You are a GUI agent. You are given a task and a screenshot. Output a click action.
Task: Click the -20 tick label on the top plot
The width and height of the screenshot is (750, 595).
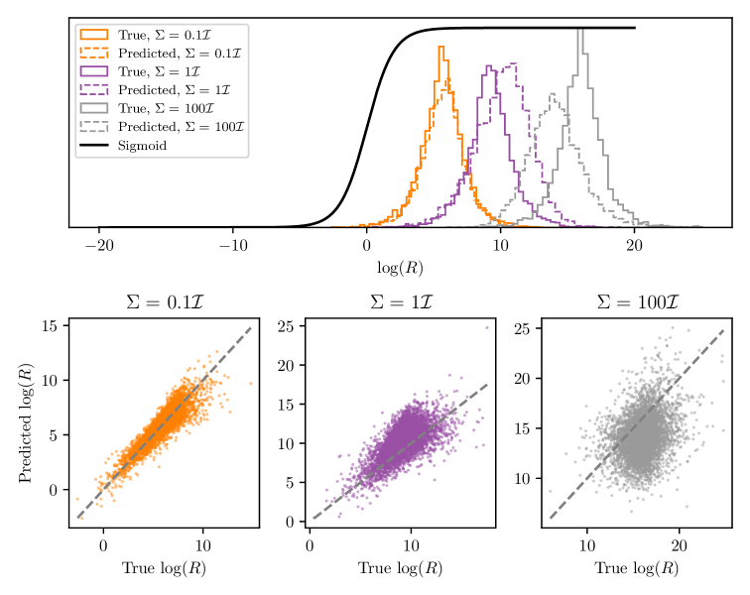pos(98,245)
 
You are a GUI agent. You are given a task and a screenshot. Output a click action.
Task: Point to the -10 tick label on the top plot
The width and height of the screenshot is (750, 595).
pos(232,245)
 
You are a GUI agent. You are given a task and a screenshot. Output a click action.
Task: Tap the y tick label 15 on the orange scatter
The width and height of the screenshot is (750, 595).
pos(51,325)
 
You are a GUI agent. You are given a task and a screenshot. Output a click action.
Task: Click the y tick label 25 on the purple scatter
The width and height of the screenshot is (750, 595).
pos(287,326)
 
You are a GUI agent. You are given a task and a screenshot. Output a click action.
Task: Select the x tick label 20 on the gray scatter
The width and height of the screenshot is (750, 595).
pos(681,544)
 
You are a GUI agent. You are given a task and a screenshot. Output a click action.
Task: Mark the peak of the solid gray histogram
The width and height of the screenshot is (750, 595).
pos(580,31)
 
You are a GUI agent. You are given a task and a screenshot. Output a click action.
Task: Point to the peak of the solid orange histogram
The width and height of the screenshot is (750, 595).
pos(441,47)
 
